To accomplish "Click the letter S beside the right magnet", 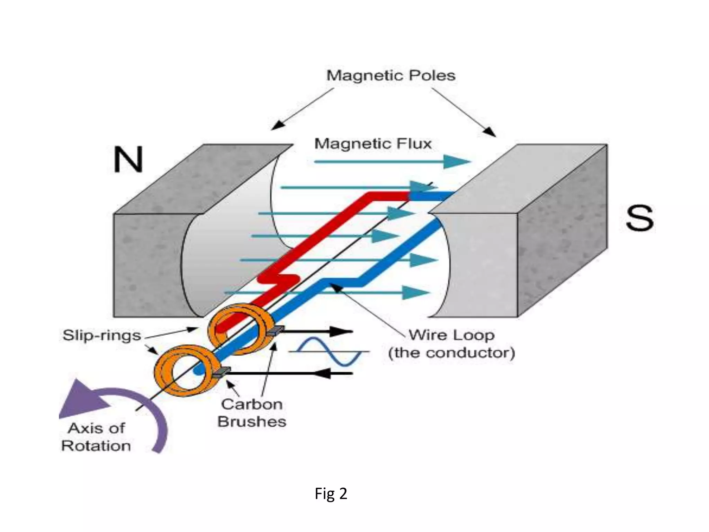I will tap(639, 218).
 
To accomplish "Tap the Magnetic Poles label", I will tap(391, 76).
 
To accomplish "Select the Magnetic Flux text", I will tap(373, 144).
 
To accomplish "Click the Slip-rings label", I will tap(101, 335).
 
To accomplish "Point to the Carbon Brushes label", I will tap(252, 413).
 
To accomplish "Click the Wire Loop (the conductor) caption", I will tap(451, 344).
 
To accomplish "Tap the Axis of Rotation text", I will tap(96, 437).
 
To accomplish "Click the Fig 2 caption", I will tap(331, 493).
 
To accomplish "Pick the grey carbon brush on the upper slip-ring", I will tap(276, 330).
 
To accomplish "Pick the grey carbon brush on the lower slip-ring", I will tap(222, 372).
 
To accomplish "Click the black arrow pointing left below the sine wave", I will tap(324, 373).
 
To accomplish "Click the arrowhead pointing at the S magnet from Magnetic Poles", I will tap(490, 131).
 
